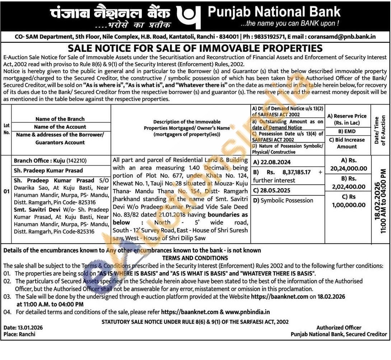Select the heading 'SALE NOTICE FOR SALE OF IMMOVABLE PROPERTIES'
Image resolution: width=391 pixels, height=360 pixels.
tap(195, 49)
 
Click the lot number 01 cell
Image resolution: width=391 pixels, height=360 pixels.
tap(6, 191)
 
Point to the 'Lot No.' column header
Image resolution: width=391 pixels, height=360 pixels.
tap(6, 129)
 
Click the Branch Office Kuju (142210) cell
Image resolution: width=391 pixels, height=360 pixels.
tap(50, 161)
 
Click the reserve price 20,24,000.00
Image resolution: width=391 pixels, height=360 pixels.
tap(349, 169)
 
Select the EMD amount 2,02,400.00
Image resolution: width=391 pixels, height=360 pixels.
tap(349, 187)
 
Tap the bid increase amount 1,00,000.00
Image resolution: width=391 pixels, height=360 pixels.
tap(349, 205)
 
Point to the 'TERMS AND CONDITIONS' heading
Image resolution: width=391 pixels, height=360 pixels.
tap(195, 258)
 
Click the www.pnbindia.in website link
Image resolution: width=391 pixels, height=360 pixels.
tap(247, 312)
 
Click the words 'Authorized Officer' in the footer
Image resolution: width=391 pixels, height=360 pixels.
tap(339, 328)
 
